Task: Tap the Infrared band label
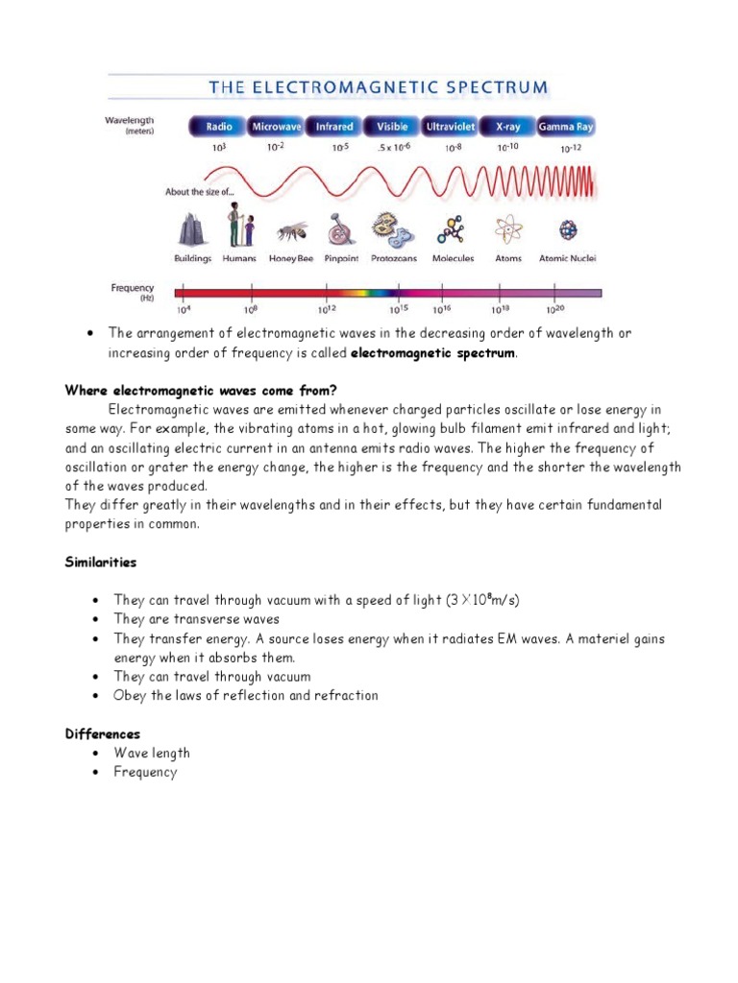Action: point(334,127)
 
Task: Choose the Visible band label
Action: point(392,127)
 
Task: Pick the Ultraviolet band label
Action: point(450,127)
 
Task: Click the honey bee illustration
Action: point(293,232)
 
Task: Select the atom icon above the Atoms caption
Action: point(507,230)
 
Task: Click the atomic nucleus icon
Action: point(569,231)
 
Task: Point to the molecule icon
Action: point(451,230)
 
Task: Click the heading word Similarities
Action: point(100,562)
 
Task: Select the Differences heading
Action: point(102,733)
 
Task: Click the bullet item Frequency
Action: point(145,772)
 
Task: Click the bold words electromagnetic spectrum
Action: point(433,352)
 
